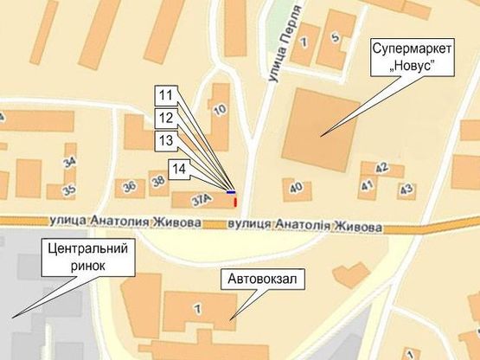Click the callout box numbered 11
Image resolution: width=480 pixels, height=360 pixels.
pyautogui.click(x=166, y=94)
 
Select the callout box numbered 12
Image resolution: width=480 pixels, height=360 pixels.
pyautogui.click(x=166, y=117)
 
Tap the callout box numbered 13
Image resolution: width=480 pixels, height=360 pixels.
pyautogui.click(x=166, y=140)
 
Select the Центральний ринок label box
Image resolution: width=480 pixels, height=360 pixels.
pyautogui.click(x=86, y=257)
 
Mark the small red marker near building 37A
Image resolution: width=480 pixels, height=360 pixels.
pyautogui.click(x=234, y=202)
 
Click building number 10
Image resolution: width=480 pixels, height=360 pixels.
pyautogui.click(x=220, y=109)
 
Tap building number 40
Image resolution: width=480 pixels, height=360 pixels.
pyautogui.click(x=297, y=187)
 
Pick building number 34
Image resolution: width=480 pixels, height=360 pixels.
pyautogui.click(x=70, y=161)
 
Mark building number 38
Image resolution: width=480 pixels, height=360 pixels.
pyautogui.click(x=158, y=182)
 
